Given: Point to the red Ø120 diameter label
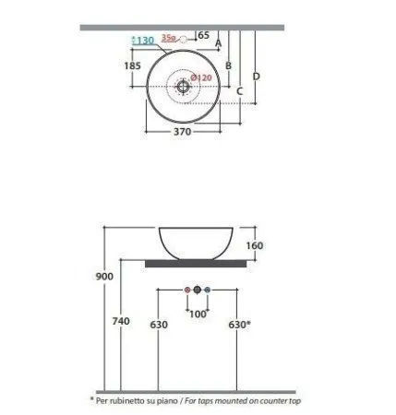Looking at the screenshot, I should point(202,77).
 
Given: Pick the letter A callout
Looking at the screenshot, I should point(219,42).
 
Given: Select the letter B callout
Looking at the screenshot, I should point(228,65).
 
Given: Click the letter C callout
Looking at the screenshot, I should point(239,90).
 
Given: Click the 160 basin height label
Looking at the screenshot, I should point(256,245).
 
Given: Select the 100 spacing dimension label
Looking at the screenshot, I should point(197,314).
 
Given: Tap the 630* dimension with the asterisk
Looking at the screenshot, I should point(240,324).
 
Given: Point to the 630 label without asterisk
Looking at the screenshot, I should point(160,324).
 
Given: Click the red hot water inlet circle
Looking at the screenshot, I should point(186,290).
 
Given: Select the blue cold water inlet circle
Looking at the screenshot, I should point(208,290).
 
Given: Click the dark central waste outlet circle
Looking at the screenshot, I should point(197,290).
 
